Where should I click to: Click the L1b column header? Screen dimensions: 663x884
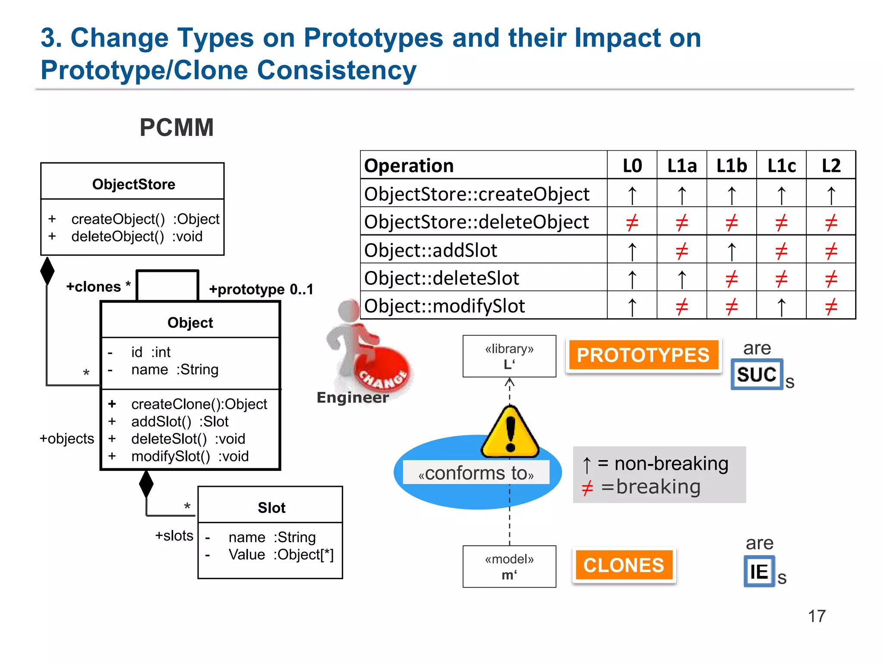731,166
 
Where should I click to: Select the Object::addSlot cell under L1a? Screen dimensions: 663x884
682,250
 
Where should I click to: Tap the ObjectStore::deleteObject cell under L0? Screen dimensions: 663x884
632,222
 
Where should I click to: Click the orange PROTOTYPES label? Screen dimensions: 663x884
643,355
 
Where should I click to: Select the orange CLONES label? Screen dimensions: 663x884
623,565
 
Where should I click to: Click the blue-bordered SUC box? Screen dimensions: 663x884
757,374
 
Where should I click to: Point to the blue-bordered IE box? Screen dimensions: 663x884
759,571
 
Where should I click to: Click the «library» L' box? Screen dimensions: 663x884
509,356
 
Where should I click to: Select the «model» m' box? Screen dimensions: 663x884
509,566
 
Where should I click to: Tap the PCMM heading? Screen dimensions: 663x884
177,128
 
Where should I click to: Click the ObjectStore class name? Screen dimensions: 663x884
133,184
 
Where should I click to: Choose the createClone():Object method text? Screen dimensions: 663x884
199,404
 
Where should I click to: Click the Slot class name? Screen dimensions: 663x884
272,508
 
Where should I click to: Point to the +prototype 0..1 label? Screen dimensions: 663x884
261,289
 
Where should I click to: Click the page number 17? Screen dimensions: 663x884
816,616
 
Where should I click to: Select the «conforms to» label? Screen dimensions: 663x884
476,473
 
